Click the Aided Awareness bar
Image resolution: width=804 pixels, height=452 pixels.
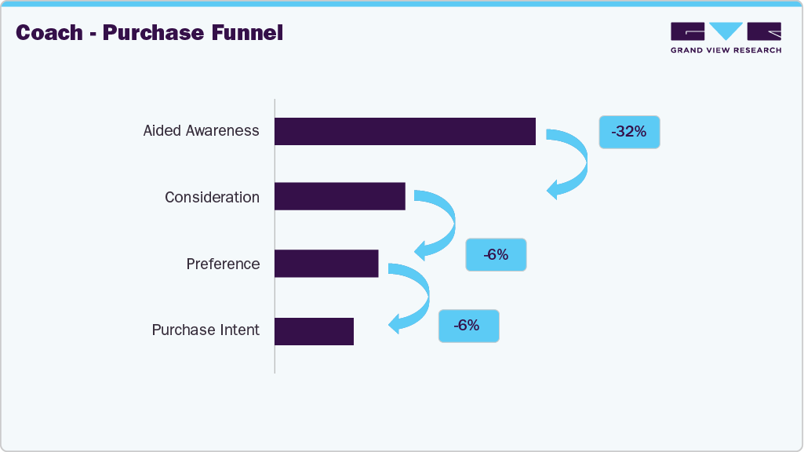pos(405,131)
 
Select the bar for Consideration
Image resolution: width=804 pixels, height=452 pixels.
pos(340,196)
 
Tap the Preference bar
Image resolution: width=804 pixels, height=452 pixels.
pos(326,264)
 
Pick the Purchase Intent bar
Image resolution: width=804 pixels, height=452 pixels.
pos(314,331)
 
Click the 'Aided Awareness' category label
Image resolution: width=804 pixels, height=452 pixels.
pos(201,130)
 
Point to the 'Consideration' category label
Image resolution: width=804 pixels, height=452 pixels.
pos(212,197)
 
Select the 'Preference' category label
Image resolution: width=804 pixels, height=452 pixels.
pos(223,264)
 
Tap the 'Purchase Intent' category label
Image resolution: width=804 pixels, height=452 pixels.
pos(206,330)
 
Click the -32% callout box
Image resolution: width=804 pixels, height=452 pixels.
pos(629,132)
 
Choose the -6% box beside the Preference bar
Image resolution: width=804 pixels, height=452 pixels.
pos(496,255)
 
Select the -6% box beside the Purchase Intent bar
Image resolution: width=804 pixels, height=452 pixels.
pos(468,326)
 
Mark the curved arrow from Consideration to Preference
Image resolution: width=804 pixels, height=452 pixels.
pos(443,224)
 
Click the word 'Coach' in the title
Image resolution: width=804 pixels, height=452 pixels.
pos(49,33)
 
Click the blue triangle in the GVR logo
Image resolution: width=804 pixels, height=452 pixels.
pos(726,31)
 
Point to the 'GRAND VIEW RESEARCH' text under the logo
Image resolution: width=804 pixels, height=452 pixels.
pos(726,50)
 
